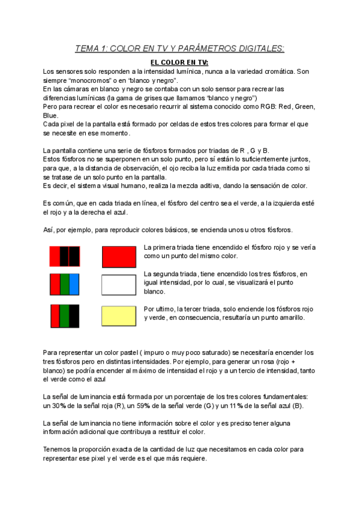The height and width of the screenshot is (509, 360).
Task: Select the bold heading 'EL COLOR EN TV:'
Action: pyautogui.click(x=179, y=62)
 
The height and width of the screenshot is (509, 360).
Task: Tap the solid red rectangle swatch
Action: pyautogui.click(x=121, y=256)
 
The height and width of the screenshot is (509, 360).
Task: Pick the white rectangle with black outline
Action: pyautogui.click(x=121, y=285)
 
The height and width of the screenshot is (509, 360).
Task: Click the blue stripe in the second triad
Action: pyautogui.click(x=74, y=285)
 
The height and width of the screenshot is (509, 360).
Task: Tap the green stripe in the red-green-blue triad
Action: pyautogui.click(x=65, y=285)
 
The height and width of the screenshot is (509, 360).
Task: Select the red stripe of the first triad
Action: pyautogui.click(x=55, y=256)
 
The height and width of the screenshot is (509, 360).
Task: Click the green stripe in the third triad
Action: pyautogui.click(x=64, y=315)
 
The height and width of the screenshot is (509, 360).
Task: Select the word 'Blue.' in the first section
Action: pyautogui.click(x=51, y=115)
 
